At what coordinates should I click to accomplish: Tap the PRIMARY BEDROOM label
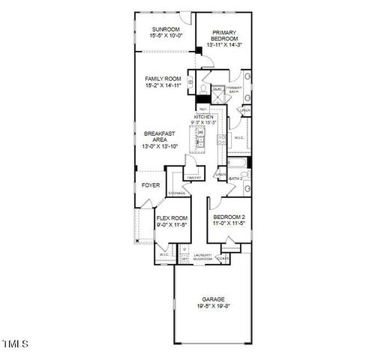pos(224,35)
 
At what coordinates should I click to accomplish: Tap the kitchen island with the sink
pos(200,139)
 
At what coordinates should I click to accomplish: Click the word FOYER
pos(151,184)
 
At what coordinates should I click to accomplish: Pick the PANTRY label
pos(194,178)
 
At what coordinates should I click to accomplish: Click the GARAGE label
pos(213,298)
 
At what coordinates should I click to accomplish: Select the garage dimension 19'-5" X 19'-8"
pos(213,306)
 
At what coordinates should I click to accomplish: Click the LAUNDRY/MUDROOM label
pos(203,257)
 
